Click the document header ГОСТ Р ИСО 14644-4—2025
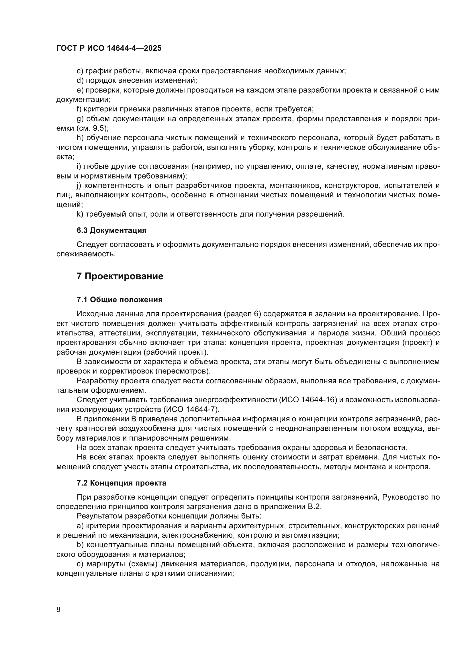109,48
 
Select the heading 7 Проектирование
120,276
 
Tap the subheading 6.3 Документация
111,230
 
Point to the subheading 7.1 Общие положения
120,300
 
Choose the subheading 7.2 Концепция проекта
121,483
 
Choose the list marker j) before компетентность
79,186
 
